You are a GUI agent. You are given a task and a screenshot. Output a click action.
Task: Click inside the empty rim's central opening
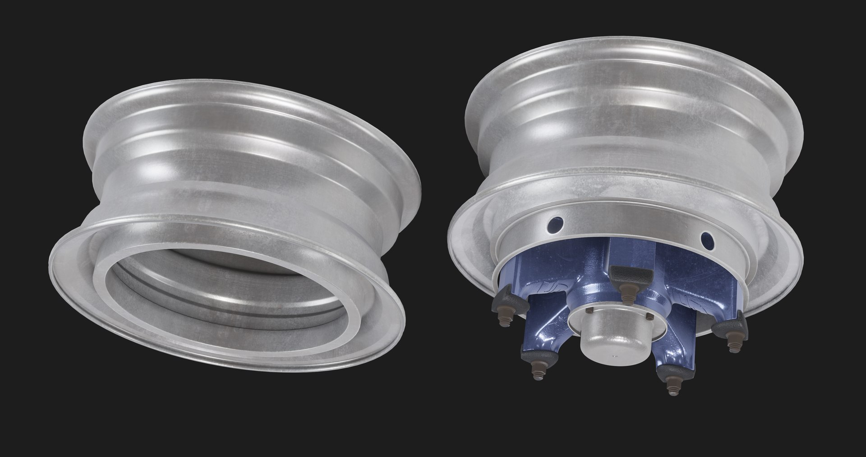click(226, 289)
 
